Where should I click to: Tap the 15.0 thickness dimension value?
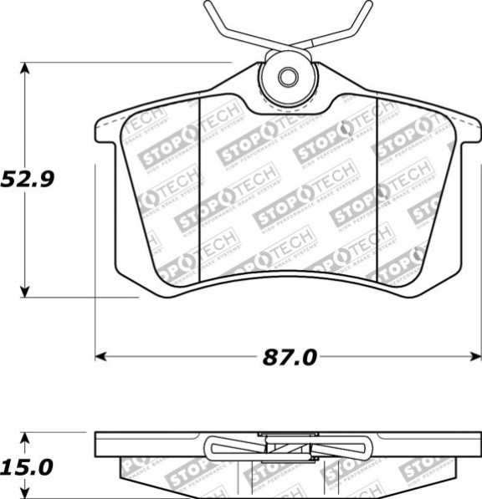click(x=28, y=466)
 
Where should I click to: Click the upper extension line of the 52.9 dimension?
click(x=126, y=62)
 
